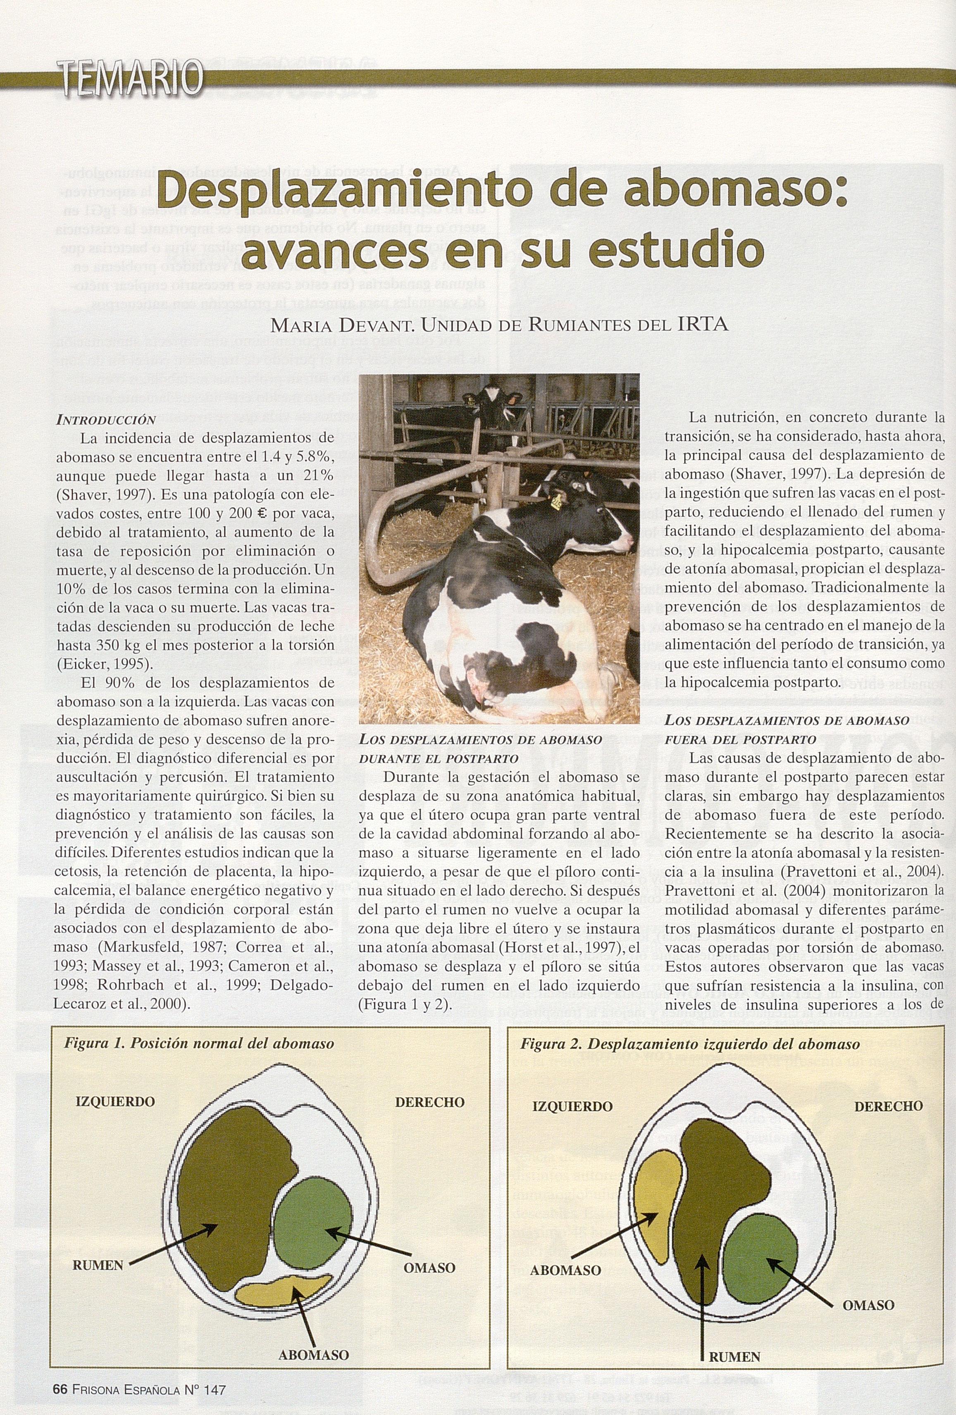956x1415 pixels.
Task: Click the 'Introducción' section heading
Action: tap(106, 420)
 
